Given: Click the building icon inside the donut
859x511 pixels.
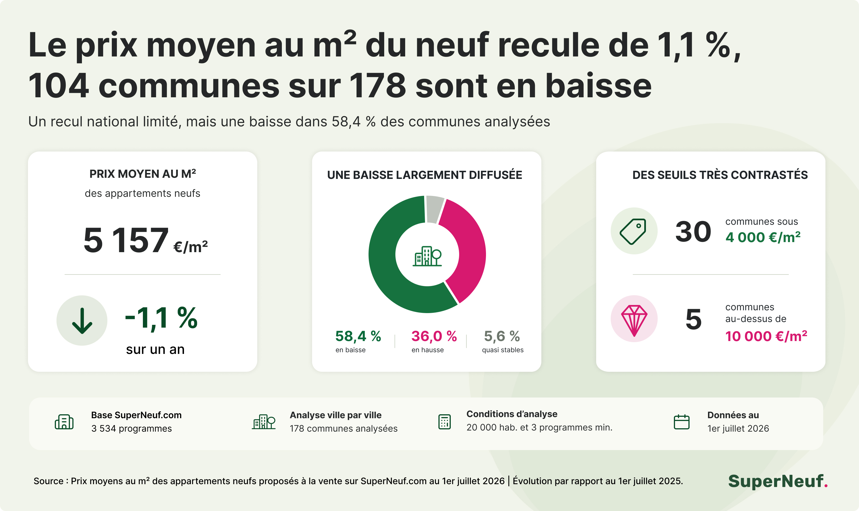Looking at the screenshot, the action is (x=427, y=256).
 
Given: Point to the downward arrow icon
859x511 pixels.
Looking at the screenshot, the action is (x=82, y=321).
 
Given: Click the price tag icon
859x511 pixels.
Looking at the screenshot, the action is (x=633, y=231).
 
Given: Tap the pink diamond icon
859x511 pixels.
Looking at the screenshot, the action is (x=634, y=320).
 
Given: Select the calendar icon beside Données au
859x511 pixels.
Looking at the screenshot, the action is (x=681, y=422).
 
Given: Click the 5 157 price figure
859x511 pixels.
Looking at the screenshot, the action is (x=126, y=240).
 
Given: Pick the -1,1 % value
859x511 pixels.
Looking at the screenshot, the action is (x=161, y=318).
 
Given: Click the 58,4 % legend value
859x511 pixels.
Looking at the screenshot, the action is (x=358, y=336).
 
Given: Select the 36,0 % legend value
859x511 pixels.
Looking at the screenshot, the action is (x=434, y=336).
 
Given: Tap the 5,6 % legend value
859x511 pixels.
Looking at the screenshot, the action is (x=502, y=336).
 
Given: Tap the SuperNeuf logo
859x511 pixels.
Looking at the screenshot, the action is (x=778, y=481).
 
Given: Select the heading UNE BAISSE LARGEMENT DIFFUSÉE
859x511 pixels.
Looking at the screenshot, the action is (x=425, y=175).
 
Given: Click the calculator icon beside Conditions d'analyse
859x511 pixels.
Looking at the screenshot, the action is (x=444, y=422).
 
